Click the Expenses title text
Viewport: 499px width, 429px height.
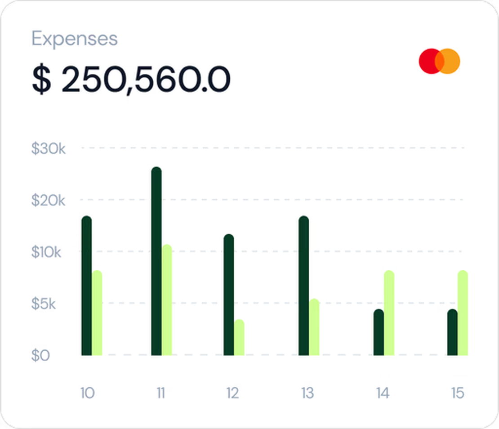coord(75,39)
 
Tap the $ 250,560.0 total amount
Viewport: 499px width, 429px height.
coord(131,80)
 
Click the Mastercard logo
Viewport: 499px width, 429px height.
coord(439,61)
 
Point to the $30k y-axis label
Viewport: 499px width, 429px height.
coord(48,148)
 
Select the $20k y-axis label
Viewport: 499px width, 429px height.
coord(48,200)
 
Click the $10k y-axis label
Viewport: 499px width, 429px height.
coord(46,252)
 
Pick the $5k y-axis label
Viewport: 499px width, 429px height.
coord(44,304)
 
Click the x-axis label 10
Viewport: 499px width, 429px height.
coord(87,393)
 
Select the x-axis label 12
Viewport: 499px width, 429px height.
coord(232,393)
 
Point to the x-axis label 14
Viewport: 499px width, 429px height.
coord(383,393)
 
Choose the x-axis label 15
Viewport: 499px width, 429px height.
coord(457,393)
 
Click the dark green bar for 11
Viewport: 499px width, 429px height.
coord(156,261)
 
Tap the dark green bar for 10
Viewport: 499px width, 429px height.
coord(86,286)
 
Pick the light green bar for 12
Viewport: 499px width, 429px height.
coord(239,337)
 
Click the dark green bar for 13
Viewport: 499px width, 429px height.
coord(304,286)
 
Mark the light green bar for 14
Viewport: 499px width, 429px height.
coord(389,313)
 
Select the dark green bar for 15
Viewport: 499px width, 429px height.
coord(452,332)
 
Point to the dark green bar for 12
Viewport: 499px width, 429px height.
coord(229,295)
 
